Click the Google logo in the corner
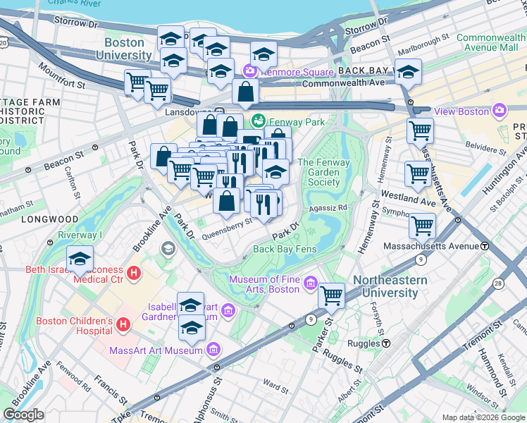tap(24, 415)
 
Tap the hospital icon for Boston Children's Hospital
tap(123, 324)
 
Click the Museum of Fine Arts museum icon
tap(311, 286)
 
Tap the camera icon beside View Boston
tap(500, 111)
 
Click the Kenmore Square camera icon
tap(249, 71)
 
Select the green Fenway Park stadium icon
tap(259, 121)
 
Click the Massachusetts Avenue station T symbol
tap(485, 246)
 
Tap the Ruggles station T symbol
tap(387, 343)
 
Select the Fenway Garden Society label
tap(323, 172)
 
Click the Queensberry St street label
tap(228, 225)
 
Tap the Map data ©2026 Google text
tap(483, 417)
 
